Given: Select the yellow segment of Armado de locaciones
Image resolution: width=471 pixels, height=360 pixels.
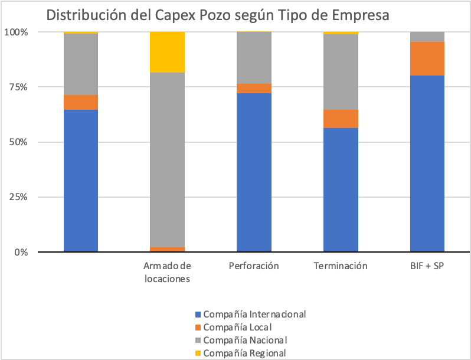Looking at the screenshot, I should click(x=167, y=52).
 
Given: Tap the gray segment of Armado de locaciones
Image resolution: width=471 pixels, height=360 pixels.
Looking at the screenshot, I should click(x=167, y=159).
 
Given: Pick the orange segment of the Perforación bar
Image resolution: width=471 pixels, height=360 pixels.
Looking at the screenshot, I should click(x=254, y=89).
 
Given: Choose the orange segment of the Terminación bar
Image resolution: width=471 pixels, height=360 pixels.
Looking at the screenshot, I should click(x=341, y=119).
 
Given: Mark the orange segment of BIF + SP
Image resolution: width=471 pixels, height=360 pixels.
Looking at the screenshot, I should click(x=427, y=58).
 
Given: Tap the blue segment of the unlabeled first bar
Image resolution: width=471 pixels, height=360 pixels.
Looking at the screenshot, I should click(x=81, y=181).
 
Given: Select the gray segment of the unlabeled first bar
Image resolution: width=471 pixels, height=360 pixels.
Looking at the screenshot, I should click(x=81, y=64).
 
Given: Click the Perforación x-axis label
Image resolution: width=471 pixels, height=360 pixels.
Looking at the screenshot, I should click(x=254, y=266).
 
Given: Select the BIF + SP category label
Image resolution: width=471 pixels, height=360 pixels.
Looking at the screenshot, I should click(x=427, y=266).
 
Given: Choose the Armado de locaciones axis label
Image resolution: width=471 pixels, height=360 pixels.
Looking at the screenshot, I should click(x=167, y=272).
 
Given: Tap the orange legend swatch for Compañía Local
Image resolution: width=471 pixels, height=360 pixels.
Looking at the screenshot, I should click(x=198, y=327).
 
